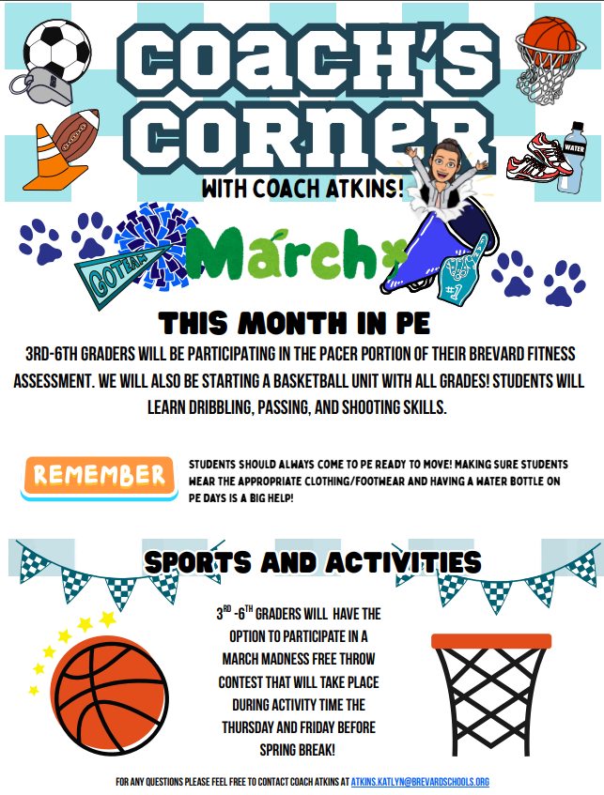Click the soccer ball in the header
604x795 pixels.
click(57, 49)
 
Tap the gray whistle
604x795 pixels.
click(41, 87)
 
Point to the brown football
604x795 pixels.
click(76, 137)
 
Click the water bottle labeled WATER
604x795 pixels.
click(570, 157)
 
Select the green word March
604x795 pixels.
click(296, 254)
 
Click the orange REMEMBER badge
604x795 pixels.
click(99, 478)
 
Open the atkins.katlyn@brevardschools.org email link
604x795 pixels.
click(420, 782)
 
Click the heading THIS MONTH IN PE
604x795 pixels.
click(294, 323)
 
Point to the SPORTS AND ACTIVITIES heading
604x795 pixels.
click(312, 562)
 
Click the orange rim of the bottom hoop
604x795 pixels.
click(491, 641)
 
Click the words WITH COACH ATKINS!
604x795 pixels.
click(302, 189)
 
